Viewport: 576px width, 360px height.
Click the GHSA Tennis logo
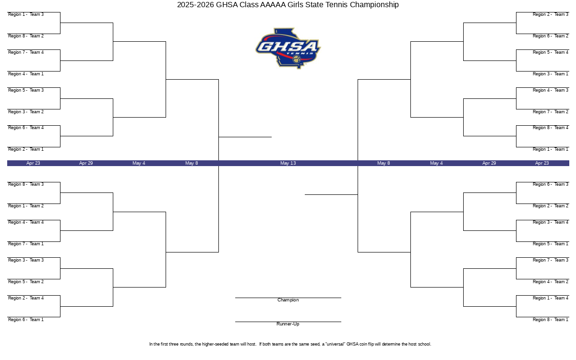click(x=288, y=48)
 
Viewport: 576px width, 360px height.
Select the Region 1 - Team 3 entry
click(x=26, y=14)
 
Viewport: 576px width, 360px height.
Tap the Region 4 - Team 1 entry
click(x=26, y=74)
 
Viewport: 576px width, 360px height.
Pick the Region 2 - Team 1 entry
click(x=26, y=149)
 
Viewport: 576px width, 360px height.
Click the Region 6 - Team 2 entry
click(x=550, y=36)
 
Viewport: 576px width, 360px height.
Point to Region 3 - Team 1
click(x=550, y=74)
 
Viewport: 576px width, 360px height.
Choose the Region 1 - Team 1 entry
click(x=550, y=149)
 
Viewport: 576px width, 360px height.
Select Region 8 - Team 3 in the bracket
click(x=26, y=184)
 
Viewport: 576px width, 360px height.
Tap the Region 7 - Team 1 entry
click(x=26, y=244)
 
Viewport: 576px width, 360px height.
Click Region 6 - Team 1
click(x=26, y=320)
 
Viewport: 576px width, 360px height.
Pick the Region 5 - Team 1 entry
click(x=550, y=244)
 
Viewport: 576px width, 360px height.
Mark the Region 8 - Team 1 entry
click(x=550, y=320)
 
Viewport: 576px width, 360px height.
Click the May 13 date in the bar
click(x=288, y=163)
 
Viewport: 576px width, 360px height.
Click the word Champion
click(x=288, y=300)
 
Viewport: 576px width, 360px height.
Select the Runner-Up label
click(x=288, y=324)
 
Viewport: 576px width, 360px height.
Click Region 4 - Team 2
click(x=550, y=282)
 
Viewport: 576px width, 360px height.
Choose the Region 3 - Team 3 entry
click(x=26, y=260)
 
